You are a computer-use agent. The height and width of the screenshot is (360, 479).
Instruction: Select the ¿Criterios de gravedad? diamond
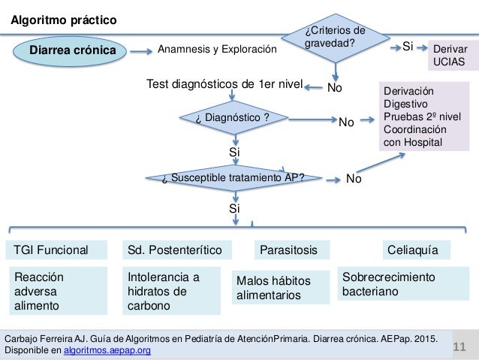(336, 38)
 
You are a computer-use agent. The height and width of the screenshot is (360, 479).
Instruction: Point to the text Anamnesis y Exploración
(217, 50)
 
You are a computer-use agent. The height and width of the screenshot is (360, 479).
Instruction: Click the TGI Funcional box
(52, 249)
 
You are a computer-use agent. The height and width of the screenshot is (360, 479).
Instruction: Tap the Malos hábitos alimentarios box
(281, 288)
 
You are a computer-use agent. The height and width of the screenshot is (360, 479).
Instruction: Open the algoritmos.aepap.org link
(108, 350)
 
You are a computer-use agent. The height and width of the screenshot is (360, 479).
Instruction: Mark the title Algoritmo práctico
(63, 20)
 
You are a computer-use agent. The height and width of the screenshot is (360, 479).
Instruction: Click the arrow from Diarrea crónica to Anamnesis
(139, 51)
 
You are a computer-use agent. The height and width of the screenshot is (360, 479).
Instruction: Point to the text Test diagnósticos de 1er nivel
(224, 86)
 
